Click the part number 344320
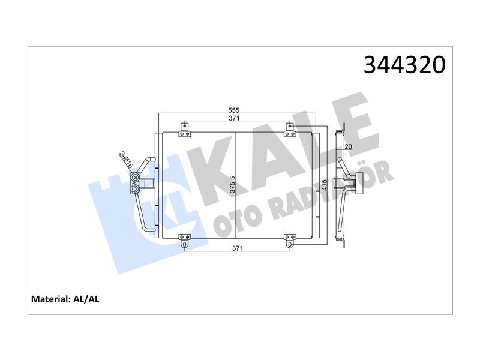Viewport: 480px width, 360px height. [404, 65]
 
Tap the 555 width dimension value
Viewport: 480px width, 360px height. [234, 110]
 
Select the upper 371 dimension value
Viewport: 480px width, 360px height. [234, 118]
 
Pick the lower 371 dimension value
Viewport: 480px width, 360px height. [238, 248]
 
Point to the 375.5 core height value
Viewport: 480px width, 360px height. [233, 184]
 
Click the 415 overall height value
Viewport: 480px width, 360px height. [325, 185]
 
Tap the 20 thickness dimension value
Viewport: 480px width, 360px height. [349, 147]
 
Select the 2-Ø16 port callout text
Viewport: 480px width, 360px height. [126, 159]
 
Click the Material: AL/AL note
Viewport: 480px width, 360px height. [65, 299]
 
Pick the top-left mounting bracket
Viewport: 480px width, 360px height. [184, 130]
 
